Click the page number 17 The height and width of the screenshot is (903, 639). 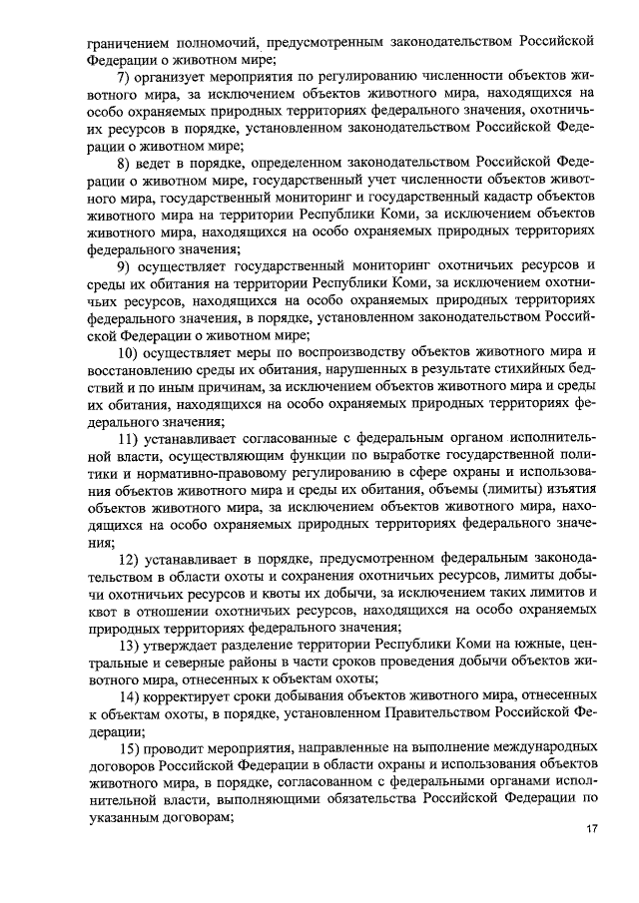[x=590, y=829]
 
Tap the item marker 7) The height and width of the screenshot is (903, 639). [x=127, y=77]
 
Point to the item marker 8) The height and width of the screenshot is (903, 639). [x=127, y=162]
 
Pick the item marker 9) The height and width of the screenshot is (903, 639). [x=127, y=265]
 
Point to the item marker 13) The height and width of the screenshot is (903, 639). [x=131, y=647]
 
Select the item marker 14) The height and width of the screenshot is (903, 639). [x=131, y=697]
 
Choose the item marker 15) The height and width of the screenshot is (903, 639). [x=131, y=748]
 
